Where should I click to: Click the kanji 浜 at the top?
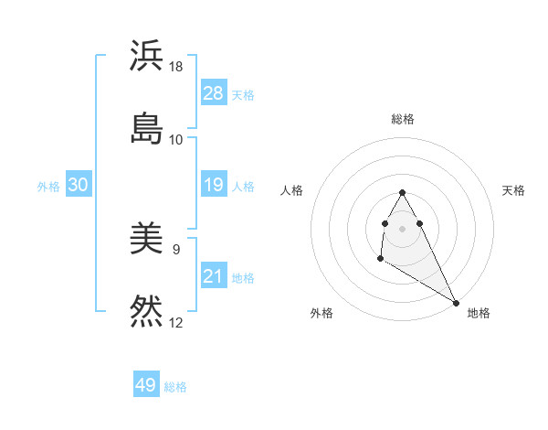click(146, 56)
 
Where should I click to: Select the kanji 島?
click(146, 128)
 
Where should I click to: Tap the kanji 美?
click(146, 241)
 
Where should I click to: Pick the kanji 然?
click(146, 311)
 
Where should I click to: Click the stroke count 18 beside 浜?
click(176, 67)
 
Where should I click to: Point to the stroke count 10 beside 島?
click(176, 139)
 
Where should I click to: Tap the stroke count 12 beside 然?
click(176, 322)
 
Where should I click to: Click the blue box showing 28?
click(214, 93)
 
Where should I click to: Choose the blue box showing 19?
click(214, 186)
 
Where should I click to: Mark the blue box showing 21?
click(214, 276)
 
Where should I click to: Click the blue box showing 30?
click(79, 186)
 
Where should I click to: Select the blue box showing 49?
click(146, 385)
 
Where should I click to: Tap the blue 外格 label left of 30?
click(48, 187)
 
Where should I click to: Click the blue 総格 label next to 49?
click(175, 387)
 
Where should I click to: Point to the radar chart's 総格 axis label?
click(403, 119)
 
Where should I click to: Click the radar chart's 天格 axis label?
click(513, 190)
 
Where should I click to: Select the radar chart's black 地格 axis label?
click(479, 313)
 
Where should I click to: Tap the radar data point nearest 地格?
click(457, 303)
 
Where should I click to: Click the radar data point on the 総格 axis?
click(402, 192)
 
